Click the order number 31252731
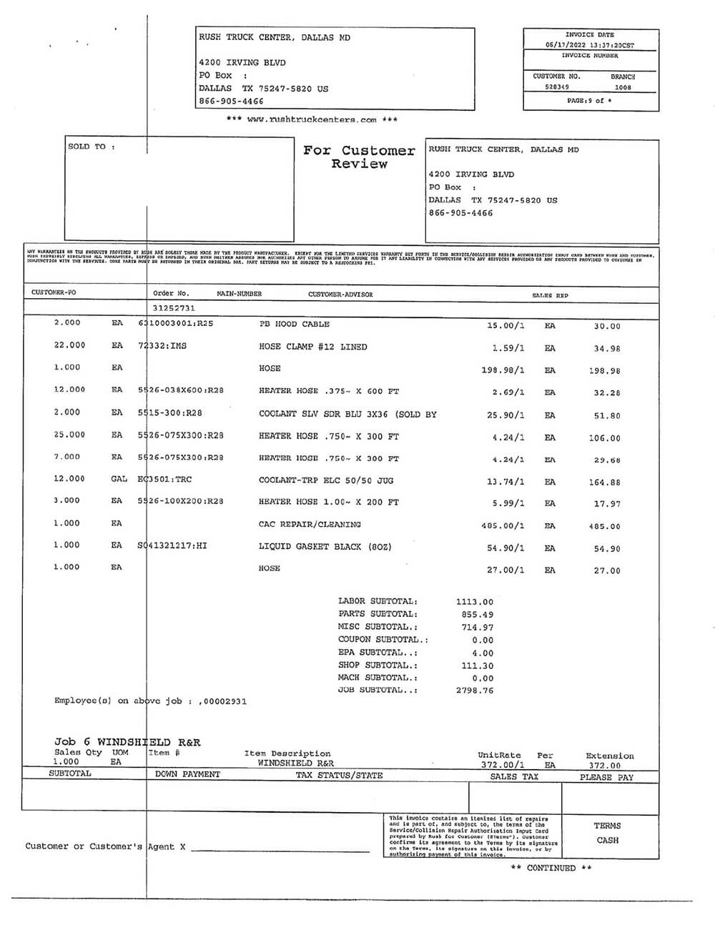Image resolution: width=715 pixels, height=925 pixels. [x=174, y=308]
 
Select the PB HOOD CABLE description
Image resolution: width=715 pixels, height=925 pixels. [x=294, y=325]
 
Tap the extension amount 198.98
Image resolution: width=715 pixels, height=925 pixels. [x=605, y=370]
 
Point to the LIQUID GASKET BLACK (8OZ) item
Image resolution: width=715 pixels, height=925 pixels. [x=325, y=547]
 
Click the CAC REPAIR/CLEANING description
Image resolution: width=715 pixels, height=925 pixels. [x=310, y=525]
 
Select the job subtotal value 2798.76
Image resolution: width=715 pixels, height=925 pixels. [x=474, y=691]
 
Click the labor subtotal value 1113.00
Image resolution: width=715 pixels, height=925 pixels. [x=474, y=602]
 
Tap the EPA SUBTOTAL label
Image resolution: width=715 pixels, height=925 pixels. [x=378, y=653]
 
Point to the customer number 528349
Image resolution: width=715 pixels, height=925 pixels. [x=556, y=87]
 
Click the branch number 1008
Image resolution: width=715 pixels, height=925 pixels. [x=623, y=87]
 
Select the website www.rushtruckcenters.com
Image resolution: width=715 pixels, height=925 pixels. [x=312, y=120]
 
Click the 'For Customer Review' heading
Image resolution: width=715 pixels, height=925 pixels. [x=359, y=157]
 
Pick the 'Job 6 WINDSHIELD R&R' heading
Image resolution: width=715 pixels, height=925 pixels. [x=127, y=742]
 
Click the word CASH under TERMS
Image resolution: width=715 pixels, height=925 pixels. [x=607, y=841]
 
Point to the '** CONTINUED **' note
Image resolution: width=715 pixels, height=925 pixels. [x=551, y=868]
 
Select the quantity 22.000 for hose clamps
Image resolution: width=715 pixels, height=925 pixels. [x=69, y=345]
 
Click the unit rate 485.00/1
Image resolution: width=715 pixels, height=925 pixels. [x=503, y=526]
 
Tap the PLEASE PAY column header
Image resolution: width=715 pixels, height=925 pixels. [x=606, y=777]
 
